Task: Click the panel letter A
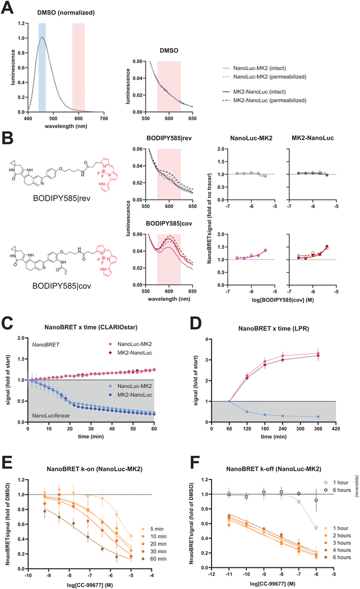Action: [9, 6]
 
